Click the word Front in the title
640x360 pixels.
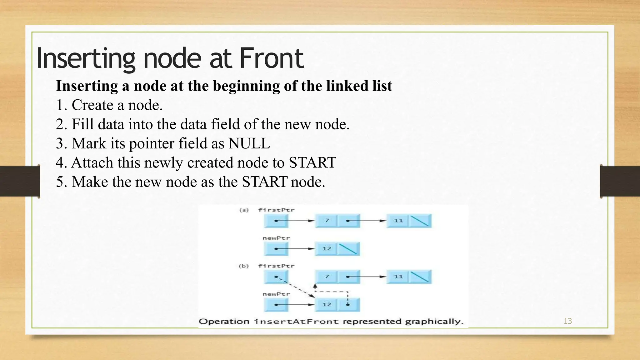point(271,58)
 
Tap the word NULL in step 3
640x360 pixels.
point(249,144)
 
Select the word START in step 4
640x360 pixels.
point(312,163)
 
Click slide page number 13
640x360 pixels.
point(567,321)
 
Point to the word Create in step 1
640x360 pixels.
point(92,105)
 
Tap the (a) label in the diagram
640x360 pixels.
point(244,210)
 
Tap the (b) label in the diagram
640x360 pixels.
point(244,266)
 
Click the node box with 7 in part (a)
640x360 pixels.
point(327,221)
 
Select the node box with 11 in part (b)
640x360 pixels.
point(398,277)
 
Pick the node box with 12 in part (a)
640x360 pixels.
point(327,249)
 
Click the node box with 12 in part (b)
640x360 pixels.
point(327,305)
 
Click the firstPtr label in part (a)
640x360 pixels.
point(276,210)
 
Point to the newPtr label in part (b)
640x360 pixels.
point(276,294)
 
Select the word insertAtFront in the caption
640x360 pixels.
point(296,322)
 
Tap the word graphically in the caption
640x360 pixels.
point(434,322)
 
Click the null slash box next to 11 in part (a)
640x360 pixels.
point(420,221)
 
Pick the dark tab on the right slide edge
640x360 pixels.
point(620,181)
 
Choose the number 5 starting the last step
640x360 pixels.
point(59,182)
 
